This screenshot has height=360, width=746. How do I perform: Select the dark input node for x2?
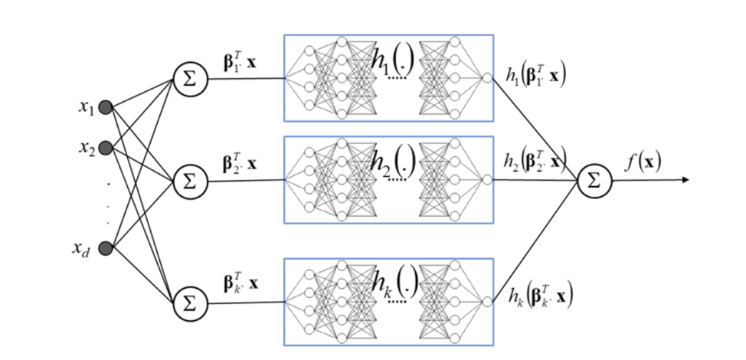click(x=106, y=146)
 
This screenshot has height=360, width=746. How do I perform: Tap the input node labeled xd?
click(x=106, y=247)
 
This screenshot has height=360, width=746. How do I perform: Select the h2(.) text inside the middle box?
click(x=391, y=162)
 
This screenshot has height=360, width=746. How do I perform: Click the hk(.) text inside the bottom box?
click(x=391, y=284)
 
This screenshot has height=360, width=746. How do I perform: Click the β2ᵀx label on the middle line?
click(x=240, y=163)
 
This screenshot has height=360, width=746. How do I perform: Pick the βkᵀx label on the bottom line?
click(x=240, y=284)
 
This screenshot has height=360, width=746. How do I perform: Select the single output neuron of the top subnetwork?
click(x=486, y=77)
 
